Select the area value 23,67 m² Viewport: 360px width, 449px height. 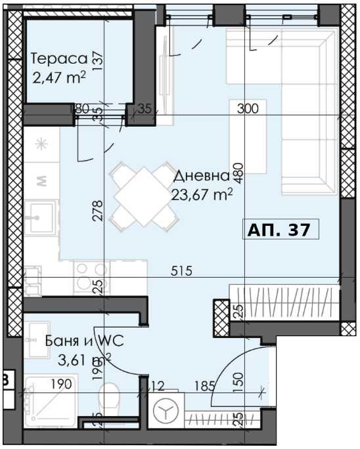[202, 194]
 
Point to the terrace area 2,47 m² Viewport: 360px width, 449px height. [58, 79]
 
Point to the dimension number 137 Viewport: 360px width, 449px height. [98, 61]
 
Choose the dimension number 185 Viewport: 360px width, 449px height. [204, 385]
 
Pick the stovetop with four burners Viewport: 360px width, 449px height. [91, 276]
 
